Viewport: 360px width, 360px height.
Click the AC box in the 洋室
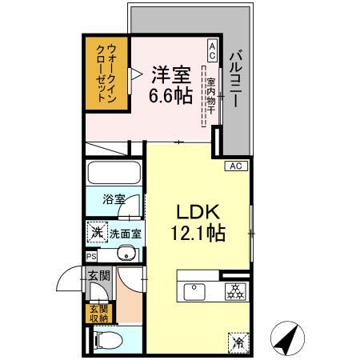(x=212, y=50)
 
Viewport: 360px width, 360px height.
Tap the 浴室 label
(x=113, y=200)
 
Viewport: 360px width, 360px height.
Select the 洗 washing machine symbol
(x=96, y=233)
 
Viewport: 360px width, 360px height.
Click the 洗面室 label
(x=126, y=234)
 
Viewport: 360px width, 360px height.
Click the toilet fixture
(x=109, y=340)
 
